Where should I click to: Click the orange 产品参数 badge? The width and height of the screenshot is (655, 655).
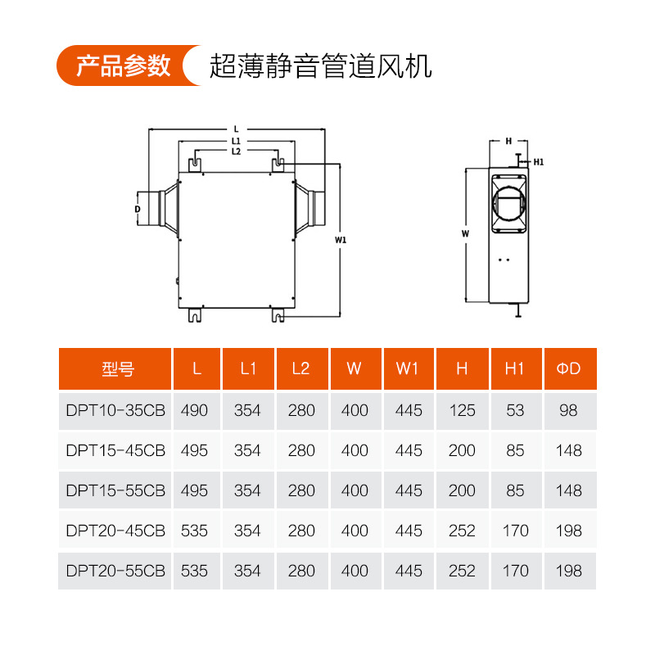click(x=129, y=65)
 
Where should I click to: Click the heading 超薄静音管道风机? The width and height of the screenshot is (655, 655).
click(x=320, y=66)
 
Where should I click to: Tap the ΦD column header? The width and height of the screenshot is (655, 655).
click(x=570, y=368)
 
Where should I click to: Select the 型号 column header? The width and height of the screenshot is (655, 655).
click(x=115, y=368)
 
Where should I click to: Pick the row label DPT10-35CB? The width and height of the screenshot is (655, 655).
click(x=115, y=411)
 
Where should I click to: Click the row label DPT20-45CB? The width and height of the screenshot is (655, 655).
click(x=115, y=531)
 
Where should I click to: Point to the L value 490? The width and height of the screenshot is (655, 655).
click(x=194, y=411)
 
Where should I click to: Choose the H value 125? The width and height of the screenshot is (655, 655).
click(x=463, y=411)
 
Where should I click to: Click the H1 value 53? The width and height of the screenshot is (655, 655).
click(x=515, y=411)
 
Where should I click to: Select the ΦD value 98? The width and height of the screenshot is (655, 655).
click(x=568, y=411)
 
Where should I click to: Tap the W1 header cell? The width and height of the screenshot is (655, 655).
click(x=409, y=368)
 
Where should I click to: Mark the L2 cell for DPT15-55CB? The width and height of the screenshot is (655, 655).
click(x=301, y=490)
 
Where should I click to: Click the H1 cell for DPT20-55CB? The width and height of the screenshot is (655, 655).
click(x=516, y=571)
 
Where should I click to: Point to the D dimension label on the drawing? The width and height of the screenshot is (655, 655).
click(x=138, y=209)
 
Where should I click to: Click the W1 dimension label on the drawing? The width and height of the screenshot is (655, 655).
click(x=341, y=240)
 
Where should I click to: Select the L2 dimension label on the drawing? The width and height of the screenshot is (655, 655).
click(x=236, y=151)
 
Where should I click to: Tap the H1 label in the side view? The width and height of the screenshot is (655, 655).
click(x=539, y=162)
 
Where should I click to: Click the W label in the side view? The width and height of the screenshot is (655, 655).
click(x=465, y=233)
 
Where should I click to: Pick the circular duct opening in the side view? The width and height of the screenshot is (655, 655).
click(x=508, y=204)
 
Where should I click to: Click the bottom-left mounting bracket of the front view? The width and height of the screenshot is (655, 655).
click(x=195, y=315)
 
